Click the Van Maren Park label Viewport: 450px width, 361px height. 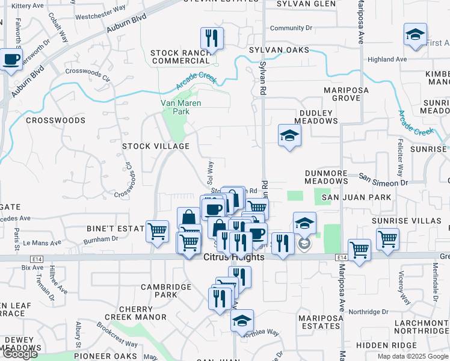click(x=180, y=107)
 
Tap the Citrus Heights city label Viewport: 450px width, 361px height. click(x=234, y=258)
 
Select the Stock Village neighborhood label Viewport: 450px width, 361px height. click(x=156, y=146)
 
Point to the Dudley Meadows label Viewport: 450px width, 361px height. click(x=316, y=117)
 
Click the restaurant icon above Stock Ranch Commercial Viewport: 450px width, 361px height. click(x=211, y=39)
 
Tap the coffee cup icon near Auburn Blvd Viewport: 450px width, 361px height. click(x=11, y=60)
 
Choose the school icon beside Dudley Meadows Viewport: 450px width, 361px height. click(x=289, y=135)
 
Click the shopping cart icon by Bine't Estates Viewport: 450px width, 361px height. click(x=157, y=230)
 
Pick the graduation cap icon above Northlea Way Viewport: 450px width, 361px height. click(x=242, y=321)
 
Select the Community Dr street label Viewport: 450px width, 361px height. click(x=291, y=28)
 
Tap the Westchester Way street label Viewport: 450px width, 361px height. click(x=99, y=17)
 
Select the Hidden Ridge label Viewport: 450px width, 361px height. click(x=386, y=345)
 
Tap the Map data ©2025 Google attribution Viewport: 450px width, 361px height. click(x=413, y=356)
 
